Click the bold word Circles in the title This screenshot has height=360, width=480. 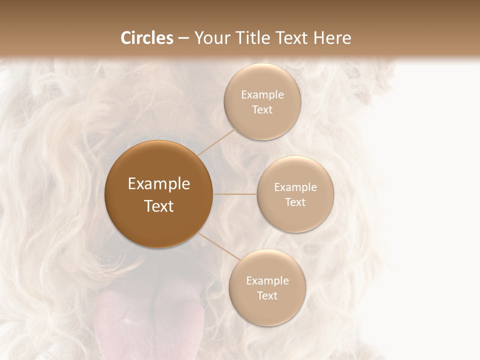[147, 38]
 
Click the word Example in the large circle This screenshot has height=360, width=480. [159, 184]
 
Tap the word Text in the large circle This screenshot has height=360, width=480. [159, 206]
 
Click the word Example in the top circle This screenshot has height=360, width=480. [262, 95]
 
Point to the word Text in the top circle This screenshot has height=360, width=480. [262, 110]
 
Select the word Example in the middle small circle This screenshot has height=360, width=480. [295, 187]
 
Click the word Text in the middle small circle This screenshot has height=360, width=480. [295, 202]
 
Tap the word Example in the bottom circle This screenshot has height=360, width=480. [267, 281]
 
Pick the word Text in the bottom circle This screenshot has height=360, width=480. [267, 296]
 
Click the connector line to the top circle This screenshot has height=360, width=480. [216, 142]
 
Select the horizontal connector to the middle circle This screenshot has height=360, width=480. [235, 194]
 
